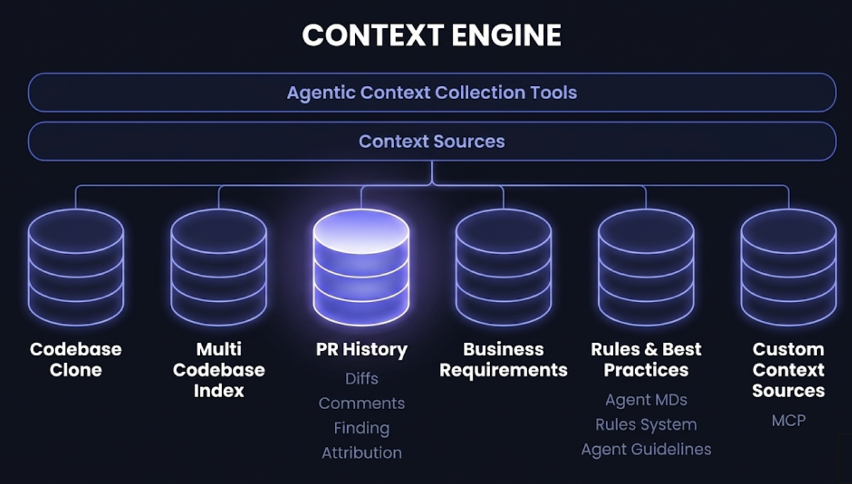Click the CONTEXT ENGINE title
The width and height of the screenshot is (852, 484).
click(x=431, y=35)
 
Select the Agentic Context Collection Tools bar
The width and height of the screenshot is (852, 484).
click(x=431, y=93)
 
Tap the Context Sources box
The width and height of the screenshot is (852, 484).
click(x=431, y=141)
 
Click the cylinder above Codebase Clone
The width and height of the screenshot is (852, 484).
click(x=76, y=267)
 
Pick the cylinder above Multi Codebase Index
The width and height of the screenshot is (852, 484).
click(x=219, y=267)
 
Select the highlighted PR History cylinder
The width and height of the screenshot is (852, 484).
click(x=361, y=267)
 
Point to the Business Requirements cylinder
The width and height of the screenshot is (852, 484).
click(x=504, y=267)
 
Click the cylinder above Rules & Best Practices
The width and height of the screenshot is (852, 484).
click(x=646, y=267)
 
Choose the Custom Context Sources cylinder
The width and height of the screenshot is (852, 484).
click(x=788, y=267)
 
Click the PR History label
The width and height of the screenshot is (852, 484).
click(x=361, y=350)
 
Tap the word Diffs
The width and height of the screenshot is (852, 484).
click(x=361, y=378)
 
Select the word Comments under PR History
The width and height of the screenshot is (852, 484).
click(x=361, y=403)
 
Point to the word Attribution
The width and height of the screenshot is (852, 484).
click(x=361, y=453)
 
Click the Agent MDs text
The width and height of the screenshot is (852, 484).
click(x=646, y=400)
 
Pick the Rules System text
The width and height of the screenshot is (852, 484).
click(x=646, y=424)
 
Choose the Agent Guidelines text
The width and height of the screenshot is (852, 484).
click(x=646, y=449)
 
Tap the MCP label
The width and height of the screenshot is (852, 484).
click(x=788, y=420)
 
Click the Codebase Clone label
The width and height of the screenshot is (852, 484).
click(x=76, y=360)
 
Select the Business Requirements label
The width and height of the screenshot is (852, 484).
click(x=504, y=360)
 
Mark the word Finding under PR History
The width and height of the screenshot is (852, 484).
click(x=361, y=428)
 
